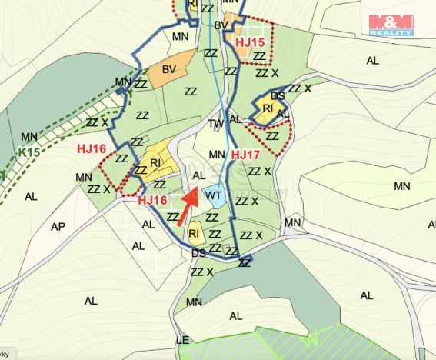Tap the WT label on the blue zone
click(214, 196)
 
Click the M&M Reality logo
click(391, 25)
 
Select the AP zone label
click(58, 227)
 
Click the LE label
click(182, 339)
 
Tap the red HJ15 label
click(250, 42)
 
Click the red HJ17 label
click(247, 155)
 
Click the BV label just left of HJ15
click(221, 26)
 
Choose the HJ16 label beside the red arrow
click(153, 200)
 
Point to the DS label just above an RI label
click(278, 95)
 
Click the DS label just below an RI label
click(198, 253)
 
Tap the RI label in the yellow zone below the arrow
click(195, 233)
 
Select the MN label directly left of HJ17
click(217, 154)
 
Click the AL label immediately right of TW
click(235, 120)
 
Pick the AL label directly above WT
click(198, 175)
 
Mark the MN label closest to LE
click(193, 301)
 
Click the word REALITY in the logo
click(391, 33)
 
